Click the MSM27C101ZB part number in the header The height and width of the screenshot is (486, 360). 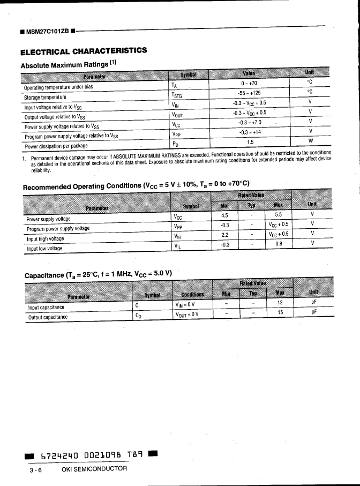point(47,31)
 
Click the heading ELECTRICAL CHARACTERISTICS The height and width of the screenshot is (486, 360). point(83,51)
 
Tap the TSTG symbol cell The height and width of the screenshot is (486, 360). point(177,93)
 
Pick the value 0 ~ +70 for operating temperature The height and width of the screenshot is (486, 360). point(249,83)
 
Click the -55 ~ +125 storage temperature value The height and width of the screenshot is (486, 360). point(249,93)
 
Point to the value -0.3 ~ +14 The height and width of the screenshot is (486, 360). point(250,132)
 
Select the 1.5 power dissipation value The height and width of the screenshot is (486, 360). point(250,143)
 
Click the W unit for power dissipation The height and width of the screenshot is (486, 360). point(310,141)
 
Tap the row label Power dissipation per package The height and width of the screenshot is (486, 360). point(56,146)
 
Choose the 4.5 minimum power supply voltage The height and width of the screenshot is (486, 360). point(225,215)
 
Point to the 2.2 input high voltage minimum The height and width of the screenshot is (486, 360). point(225,235)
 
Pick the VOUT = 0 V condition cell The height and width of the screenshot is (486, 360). point(186,314)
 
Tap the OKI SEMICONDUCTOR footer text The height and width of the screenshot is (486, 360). point(94,469)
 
